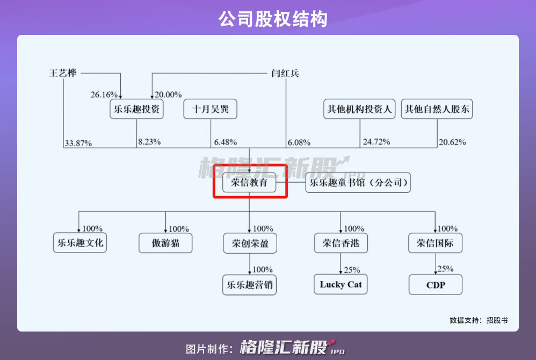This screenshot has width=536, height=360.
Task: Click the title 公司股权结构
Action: tap(267, 19)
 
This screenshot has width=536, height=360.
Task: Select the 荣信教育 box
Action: tap(249, 183)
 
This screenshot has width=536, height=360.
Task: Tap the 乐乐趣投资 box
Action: tap(136, 110)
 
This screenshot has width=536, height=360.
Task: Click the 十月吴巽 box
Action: tap(210, 110)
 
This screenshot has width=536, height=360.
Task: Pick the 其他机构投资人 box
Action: tap(359, 110)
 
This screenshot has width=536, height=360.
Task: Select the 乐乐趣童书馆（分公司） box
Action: tap(358, 183)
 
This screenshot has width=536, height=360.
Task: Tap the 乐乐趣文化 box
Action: tap(79, 243)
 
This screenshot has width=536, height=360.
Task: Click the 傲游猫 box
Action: tap(165, 243)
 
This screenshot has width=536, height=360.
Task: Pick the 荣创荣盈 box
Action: tap(250, 243)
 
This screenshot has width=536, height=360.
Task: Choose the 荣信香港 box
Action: tap(341, 243)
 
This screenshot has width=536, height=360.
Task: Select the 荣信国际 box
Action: tap(436, 243)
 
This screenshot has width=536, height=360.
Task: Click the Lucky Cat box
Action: tap(341, 284)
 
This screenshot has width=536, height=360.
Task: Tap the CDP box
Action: tap(436, 285)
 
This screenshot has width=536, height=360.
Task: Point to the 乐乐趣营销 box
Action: tap(250, 285)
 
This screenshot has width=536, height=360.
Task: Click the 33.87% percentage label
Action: tap(78, 143)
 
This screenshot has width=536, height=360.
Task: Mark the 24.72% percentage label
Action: tap(376, 142)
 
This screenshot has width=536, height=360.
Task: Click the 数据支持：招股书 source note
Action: tap(479, 320)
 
